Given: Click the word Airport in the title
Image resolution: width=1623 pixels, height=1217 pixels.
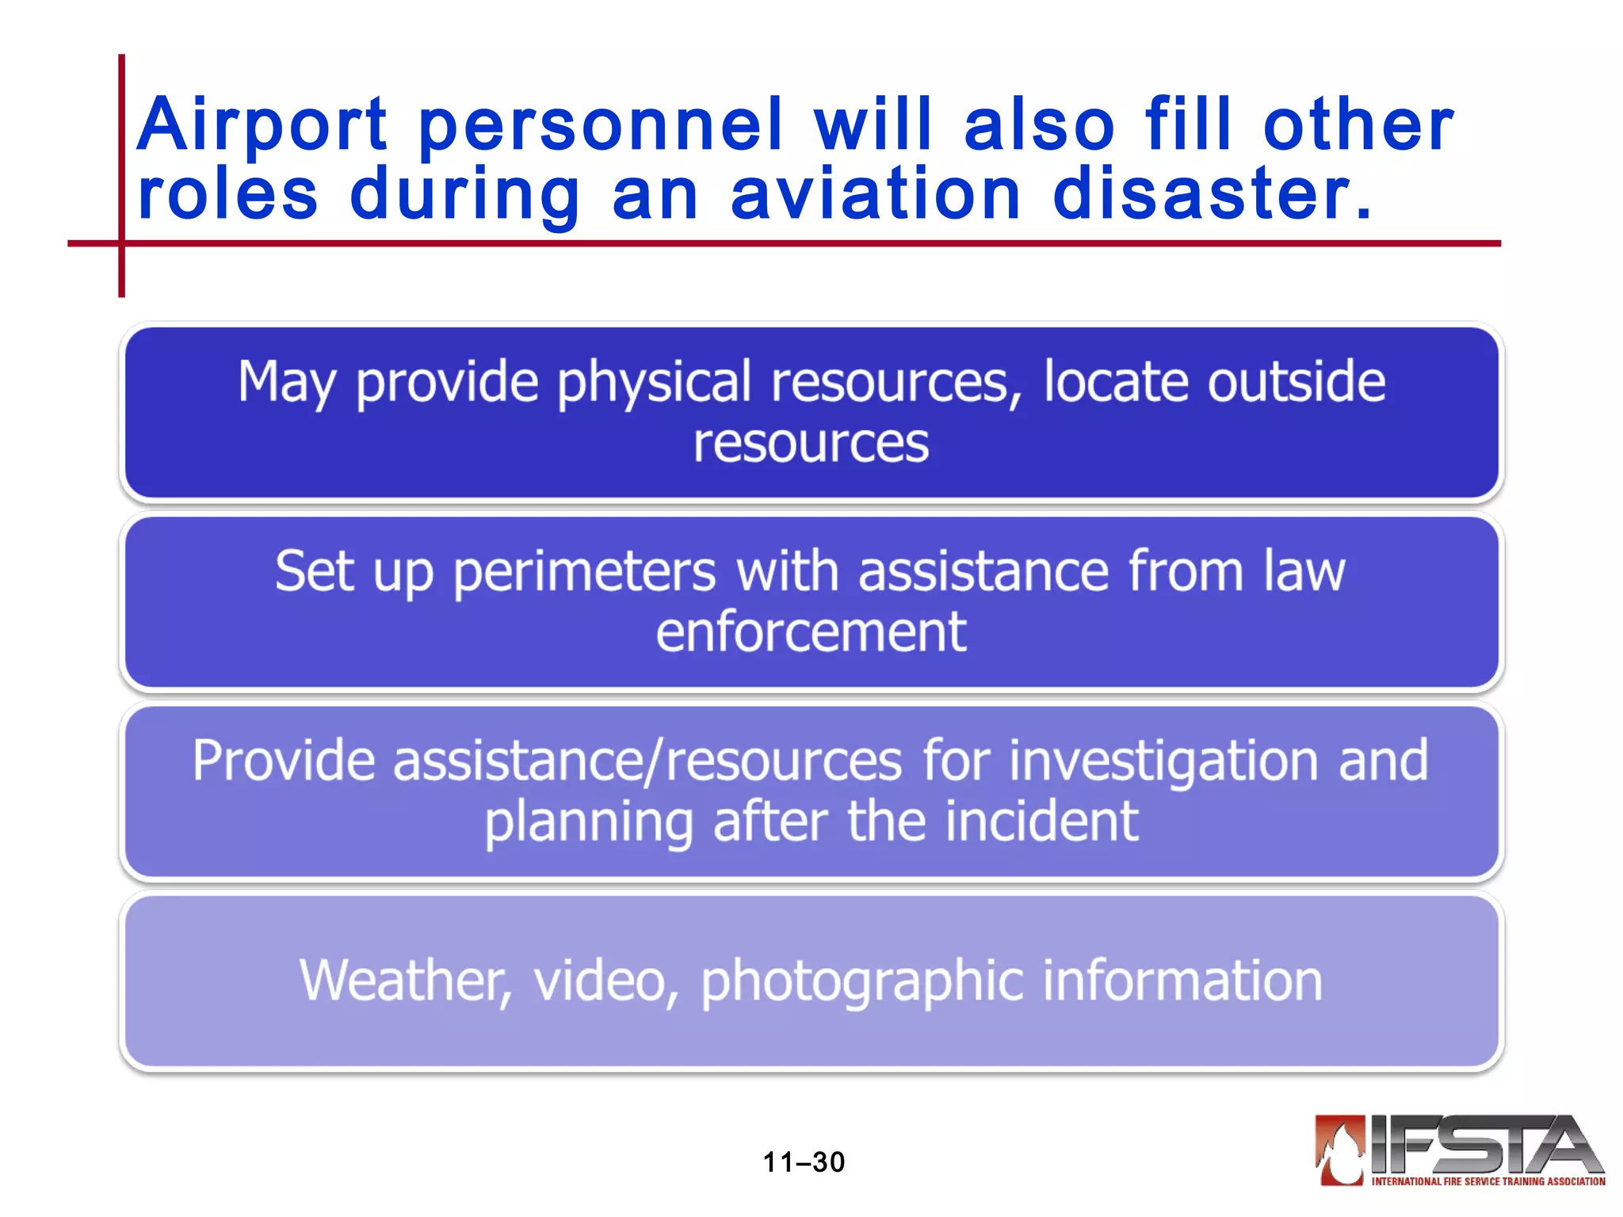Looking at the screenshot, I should pos(262,125).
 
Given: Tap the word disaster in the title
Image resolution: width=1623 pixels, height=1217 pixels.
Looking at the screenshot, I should pos(1212,195).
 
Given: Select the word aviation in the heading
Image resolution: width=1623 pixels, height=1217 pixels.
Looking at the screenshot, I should pos(876,195).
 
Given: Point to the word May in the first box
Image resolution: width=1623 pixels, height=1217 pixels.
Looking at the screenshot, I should pos(288,383).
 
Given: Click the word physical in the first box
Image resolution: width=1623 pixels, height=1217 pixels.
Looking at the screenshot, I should pos(654,383).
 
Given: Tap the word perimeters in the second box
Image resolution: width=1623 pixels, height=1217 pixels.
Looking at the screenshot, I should pos(585,572).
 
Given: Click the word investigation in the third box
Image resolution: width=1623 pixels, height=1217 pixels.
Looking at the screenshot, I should pos(1164,761).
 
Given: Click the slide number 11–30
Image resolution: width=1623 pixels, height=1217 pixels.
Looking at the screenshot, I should pos(804,1162).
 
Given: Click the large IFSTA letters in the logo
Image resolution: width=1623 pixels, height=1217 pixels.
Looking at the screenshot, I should pos(1486,1145).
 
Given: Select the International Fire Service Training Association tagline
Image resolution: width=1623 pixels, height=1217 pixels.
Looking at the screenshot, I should pos(1488,1181).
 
